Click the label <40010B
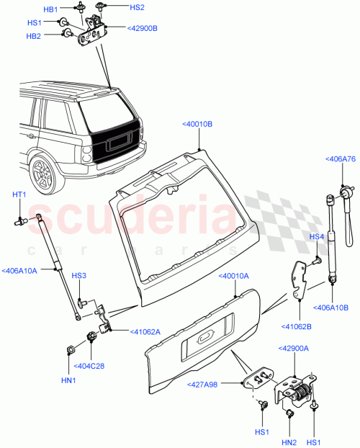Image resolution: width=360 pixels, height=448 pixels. [x=197, y=124]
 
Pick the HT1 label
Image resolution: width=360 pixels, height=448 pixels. [x=19, y=194]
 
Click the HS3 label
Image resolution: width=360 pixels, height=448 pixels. [x=79, y=276]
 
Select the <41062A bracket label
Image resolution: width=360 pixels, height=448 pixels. [x=145, y=332]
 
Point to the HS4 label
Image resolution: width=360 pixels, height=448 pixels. [x=317, y=236]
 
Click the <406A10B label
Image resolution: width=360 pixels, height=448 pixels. [x=331, y=308]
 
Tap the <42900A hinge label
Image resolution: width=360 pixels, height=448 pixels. [x=293, y=348]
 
